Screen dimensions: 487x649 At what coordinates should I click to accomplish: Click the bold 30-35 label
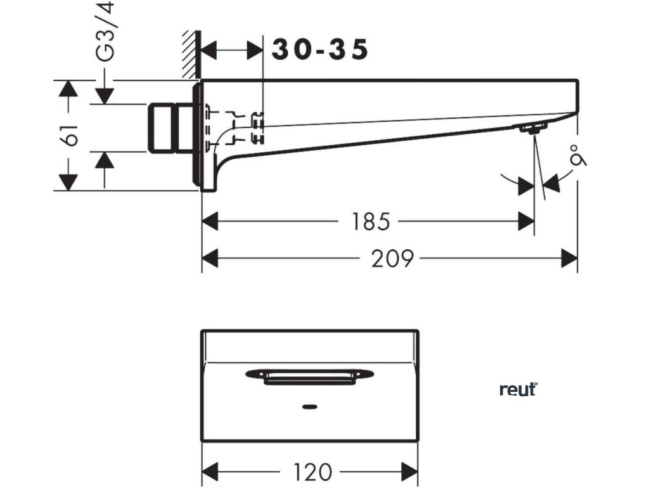coord(320,49)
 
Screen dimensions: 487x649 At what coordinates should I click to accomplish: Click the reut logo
coord(518,389)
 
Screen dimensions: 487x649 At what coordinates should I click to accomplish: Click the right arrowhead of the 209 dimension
coord(570,259)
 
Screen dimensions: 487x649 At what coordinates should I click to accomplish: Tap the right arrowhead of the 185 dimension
coord(527,221)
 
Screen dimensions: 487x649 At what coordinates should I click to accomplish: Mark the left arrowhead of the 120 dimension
coord(210,472)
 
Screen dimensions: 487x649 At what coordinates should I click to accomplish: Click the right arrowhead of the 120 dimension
coord(410,472)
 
